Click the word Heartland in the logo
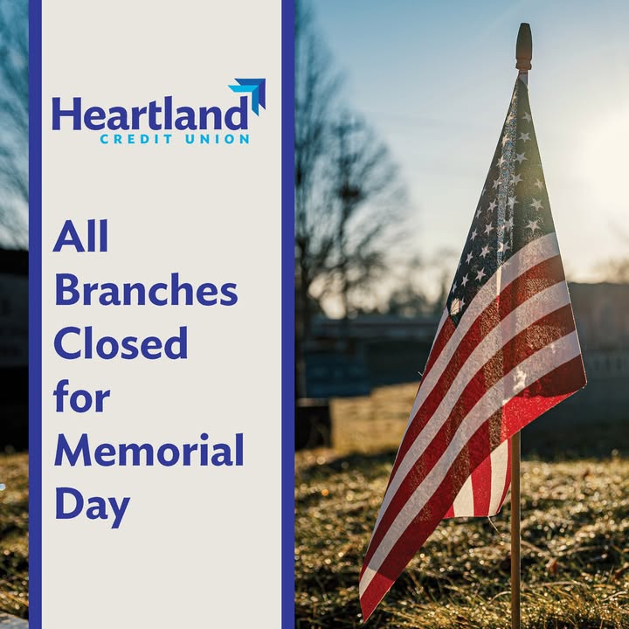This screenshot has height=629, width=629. click(150, 113)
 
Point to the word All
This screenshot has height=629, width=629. click(80, 236)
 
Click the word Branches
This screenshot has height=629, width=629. click(146, 290)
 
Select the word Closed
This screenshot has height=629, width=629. click(121, 343)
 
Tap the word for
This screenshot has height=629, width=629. click(81, 397)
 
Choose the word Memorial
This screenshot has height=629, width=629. click(149, 450)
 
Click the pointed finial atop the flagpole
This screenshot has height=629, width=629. click(523, 47)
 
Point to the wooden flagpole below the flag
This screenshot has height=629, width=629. click(515, 529)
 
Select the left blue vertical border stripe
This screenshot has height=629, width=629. click(35, 314)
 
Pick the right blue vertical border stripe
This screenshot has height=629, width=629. click(288, 314)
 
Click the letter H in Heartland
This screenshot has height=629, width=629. click(65, 113)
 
